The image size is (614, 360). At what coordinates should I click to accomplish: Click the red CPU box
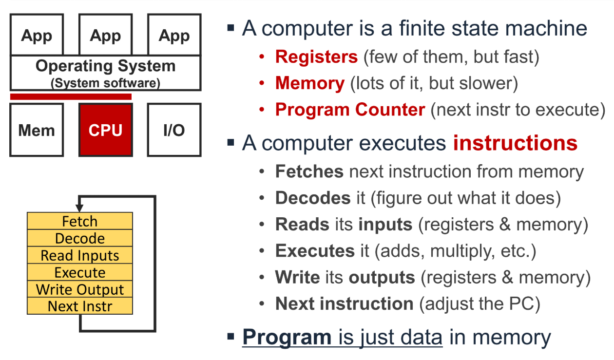[x=105, y=130]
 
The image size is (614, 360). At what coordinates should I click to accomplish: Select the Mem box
[x=37, y=130]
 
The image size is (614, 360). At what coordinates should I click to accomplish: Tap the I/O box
[x=174, y=130]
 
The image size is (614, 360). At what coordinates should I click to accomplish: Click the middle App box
[x=105, y=35]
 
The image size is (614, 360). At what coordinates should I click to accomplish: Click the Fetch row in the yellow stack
[x=80, y=222]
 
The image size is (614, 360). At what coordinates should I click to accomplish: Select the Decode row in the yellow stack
[x=80, y=239]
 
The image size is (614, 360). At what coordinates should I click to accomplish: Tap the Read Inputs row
[x=80, y=256]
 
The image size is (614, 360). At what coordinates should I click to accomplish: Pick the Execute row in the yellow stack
[x=80, y=273]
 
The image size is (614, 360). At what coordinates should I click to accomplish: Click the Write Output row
[x=80, y=290]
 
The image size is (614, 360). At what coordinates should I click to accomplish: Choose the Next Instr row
[x=80, y=306]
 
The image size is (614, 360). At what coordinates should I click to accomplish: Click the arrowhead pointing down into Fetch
[x=79, y=208]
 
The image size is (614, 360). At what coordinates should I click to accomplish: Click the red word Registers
[x=316, y=57]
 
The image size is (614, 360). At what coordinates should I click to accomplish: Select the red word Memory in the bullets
[x=309, y=83]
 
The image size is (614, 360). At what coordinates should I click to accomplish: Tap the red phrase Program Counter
[x=350, y=110]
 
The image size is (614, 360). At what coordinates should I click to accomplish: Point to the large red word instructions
[x=515, y=143]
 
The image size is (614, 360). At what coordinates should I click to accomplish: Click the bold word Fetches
[x=309, y=171]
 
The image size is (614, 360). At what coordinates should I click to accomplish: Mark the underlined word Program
[x=287, y=337]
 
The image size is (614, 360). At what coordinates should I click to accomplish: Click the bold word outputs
[x=382, y=277]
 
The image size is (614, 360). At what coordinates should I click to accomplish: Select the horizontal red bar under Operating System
[x=71, y=96]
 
